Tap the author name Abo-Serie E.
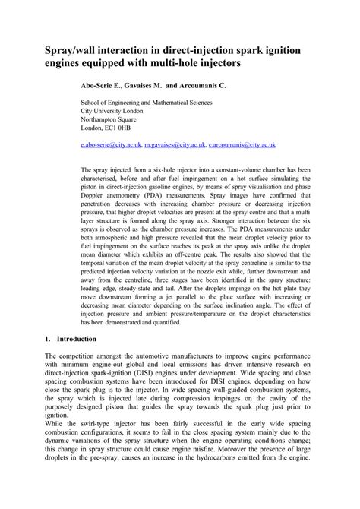[106, 87]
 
